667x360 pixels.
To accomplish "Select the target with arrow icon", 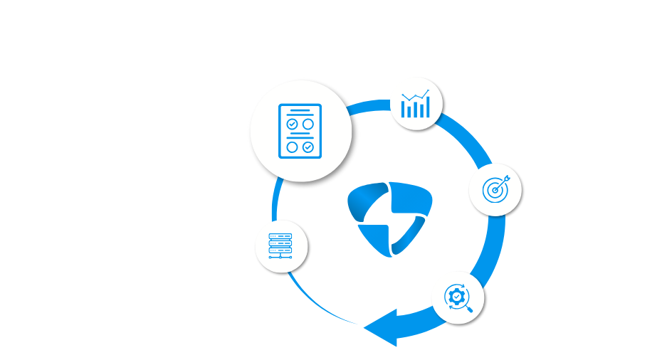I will [496, 188].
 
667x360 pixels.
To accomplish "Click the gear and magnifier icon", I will [455, 296].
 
